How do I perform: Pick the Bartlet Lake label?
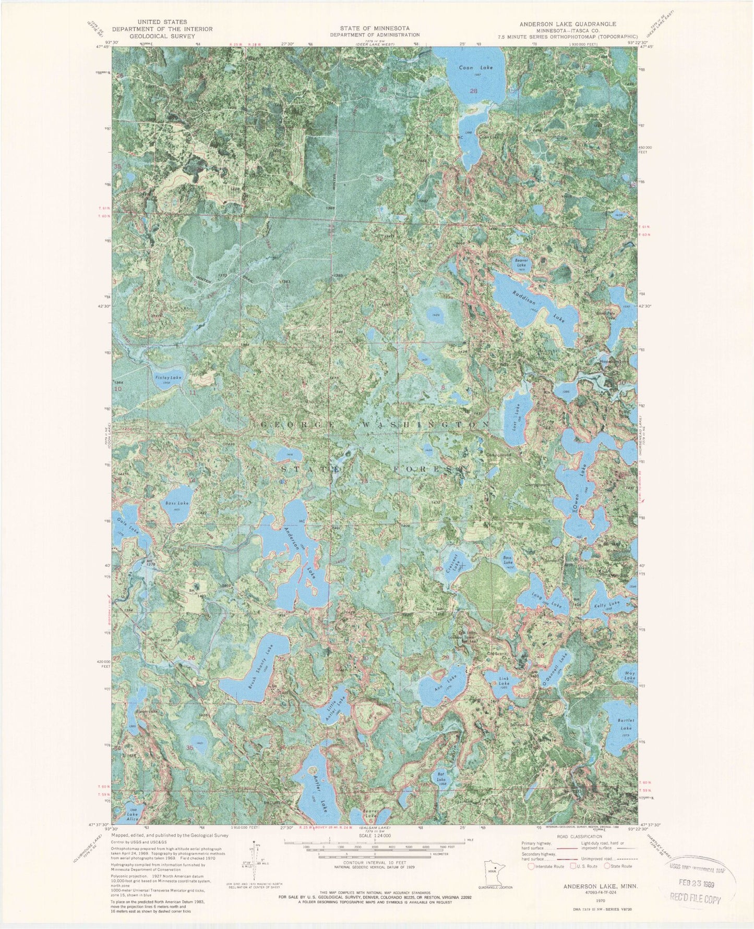(x=625, y=724)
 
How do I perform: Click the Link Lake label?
(x=503, y=680)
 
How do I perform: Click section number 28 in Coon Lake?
(x=473, y=91)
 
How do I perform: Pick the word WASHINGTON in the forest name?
(x=424, y=425)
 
